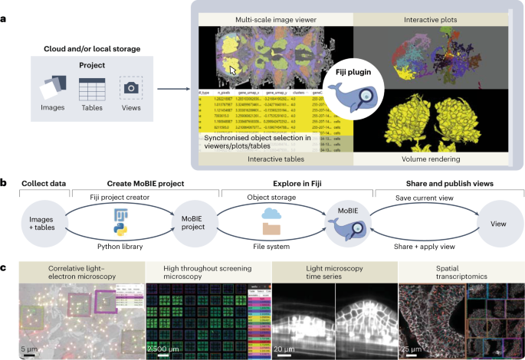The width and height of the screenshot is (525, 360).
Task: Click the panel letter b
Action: pos(5,183)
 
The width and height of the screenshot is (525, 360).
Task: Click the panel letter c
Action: pos(5,267)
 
